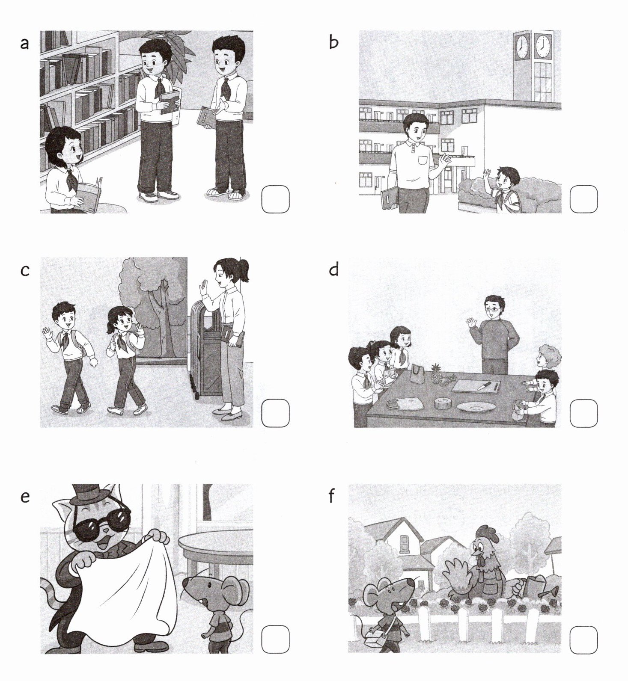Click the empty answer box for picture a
click(275, 199)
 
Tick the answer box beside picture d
click(583, 413)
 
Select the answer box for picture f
click(583, 640)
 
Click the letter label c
click(25, 270)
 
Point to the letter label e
click(25, 497)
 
